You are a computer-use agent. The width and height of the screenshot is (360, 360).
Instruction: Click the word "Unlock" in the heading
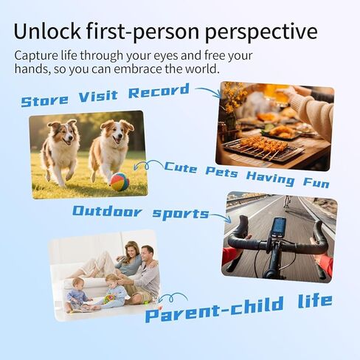[47, 31]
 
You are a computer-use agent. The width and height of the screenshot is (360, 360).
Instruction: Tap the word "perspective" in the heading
[261, 32]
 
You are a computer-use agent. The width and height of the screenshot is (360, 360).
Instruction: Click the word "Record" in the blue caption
[159, 91]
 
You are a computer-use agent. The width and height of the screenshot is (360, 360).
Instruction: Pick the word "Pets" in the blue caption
[222, 171]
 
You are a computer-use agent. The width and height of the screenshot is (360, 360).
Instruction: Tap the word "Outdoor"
[107, 212]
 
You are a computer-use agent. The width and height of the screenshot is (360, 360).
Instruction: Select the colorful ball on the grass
[120, 181]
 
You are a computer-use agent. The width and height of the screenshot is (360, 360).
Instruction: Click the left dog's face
[66, 134]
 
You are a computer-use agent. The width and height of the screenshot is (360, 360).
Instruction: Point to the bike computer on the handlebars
[280, 226]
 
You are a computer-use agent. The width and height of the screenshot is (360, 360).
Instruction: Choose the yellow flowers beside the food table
[232, 98]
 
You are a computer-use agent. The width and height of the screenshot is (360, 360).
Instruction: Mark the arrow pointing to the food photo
[209, 91]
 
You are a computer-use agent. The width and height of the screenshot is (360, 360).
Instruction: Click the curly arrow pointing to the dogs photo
[150, 164]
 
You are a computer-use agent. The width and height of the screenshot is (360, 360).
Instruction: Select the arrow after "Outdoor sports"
[221, 217]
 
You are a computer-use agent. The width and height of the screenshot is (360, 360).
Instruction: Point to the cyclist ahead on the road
[286, 203]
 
